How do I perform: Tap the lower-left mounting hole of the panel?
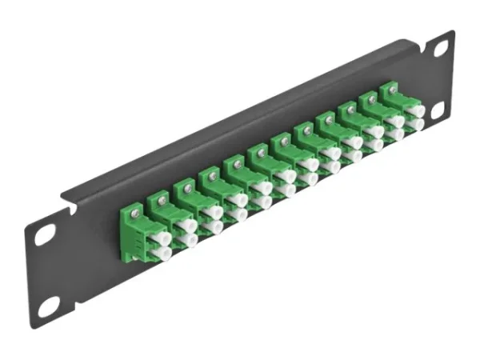tap(50, 305)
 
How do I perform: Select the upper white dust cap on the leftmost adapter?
tap(163, 238)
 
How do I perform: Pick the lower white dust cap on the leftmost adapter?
tap(163, 254)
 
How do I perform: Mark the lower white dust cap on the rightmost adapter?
tap(415, 125)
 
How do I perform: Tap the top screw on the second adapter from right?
tap(370, 99)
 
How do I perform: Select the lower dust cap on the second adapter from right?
tap(395, 134)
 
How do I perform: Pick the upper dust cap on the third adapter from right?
tap(374, 132)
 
